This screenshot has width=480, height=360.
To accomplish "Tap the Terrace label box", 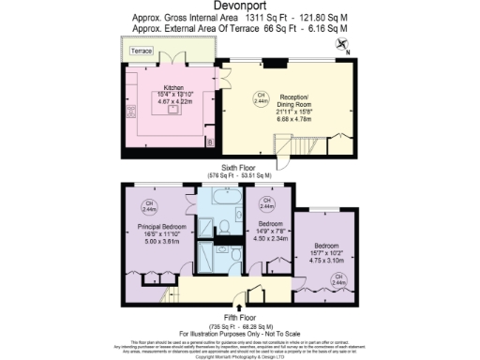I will point(141,50).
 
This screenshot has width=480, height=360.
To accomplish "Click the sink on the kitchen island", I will point(172,108).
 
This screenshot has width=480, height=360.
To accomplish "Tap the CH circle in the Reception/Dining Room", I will point(262,96).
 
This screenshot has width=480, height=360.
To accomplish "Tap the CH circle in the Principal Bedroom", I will point(147,205).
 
